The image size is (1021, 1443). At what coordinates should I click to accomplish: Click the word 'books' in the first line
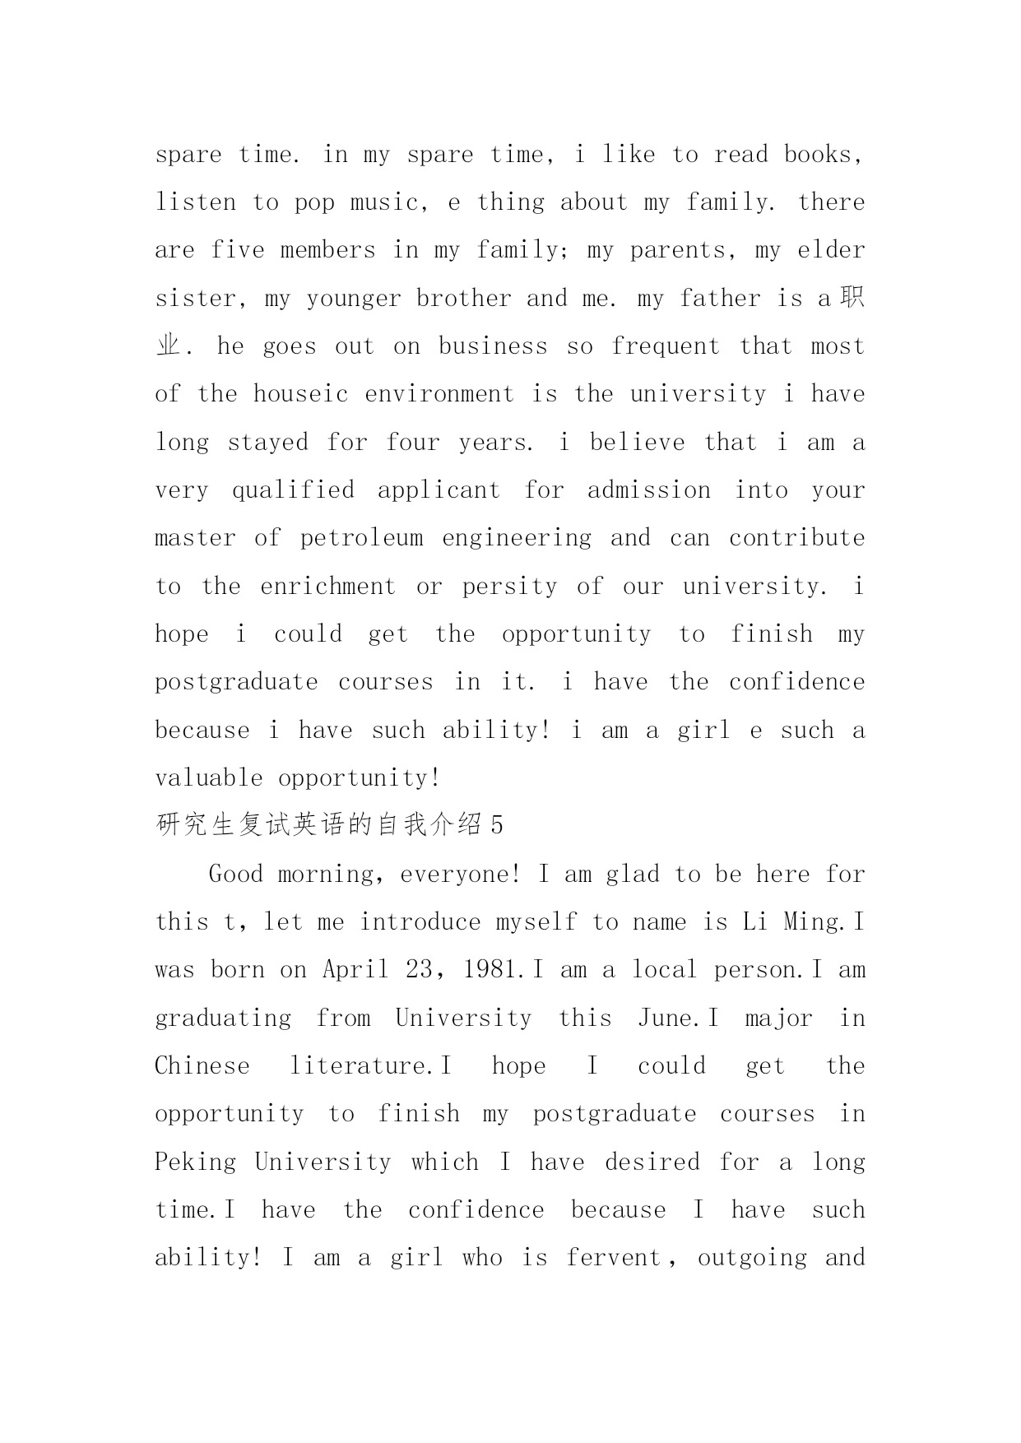[x=818, y=155]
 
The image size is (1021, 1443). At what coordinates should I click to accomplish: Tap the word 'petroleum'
[x=361, y=538]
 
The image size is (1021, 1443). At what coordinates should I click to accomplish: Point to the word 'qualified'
[x=293, y=491]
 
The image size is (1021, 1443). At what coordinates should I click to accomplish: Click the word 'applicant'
[x=439, y=491]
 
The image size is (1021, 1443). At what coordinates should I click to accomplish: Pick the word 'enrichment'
[x=327, y=587]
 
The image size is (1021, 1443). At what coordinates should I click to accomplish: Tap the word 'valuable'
[x=209, y=777]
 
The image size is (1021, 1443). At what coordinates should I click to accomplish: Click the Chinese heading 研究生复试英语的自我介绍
[x=318, y=825]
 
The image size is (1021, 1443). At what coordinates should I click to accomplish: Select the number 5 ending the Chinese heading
[x=495, y=825]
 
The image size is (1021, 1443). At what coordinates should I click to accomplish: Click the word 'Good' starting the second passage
[x=235, y=874]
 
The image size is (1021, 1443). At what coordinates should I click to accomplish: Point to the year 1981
[x=492, y=970]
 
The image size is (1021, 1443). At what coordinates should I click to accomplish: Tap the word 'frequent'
[x=666, y=347]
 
